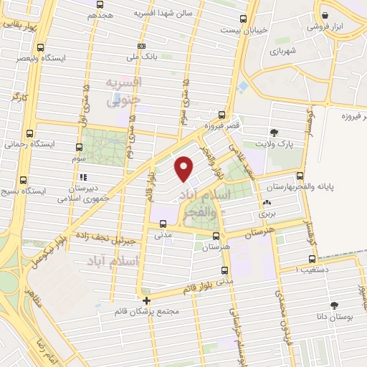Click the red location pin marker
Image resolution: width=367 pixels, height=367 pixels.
[185, 167]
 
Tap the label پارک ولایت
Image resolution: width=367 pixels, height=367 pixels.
[278, 143]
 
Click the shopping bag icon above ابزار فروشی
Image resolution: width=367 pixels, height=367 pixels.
[325, 14]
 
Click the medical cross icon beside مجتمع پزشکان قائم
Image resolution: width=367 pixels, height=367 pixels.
[147, 300]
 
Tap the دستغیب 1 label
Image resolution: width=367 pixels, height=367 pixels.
[316, 269]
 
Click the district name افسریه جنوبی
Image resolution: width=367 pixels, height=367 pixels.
[121, 92]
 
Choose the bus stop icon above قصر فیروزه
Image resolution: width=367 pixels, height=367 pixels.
[221, 114]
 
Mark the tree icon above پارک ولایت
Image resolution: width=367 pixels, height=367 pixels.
[275, 131]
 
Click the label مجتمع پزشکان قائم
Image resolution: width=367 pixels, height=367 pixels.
[147, 313]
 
